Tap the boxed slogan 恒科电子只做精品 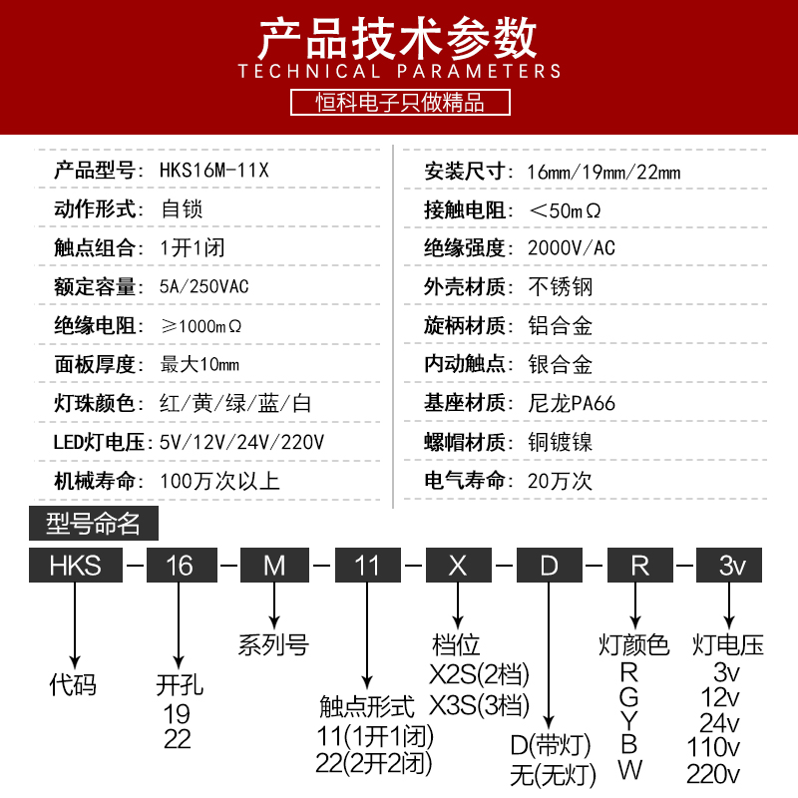pos(399,102)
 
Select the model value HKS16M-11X pos(214,171)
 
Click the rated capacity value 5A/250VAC pos(204,287)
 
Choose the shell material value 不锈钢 pos(560,287)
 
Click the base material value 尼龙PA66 pos(572,404)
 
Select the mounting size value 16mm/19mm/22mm pos(603,171)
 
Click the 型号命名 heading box pos(94,523)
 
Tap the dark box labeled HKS pos(76,566)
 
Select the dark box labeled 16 pos(180,566)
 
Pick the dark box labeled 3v pos(733,566)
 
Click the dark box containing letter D pos(549,566)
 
